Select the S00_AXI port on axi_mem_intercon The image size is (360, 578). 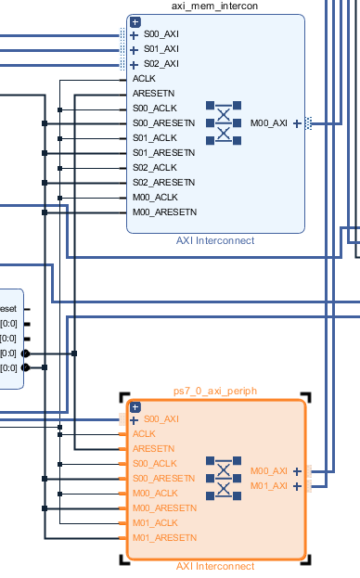point(160,34)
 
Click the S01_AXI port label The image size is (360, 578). point(160,49)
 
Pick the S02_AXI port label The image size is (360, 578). point(160,64)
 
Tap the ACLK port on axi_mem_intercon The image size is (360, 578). point(143,79)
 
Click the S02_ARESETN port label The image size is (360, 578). point(163,183)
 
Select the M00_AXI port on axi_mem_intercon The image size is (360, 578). point(269,123)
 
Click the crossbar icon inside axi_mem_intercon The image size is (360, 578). point(224,123)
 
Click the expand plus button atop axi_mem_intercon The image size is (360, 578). point(135,21)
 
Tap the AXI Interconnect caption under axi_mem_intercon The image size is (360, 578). point(214,241)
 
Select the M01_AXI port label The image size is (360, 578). point(269,485)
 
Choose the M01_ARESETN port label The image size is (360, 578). point(163,537)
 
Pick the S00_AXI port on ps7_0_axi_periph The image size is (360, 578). point(160,418)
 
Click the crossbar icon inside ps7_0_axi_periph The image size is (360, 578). point(224,478)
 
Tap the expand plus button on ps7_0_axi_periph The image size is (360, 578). point(135,406)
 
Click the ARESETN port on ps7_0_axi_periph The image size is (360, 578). point(150,448)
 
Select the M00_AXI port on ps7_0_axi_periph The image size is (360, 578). point(269,470)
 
